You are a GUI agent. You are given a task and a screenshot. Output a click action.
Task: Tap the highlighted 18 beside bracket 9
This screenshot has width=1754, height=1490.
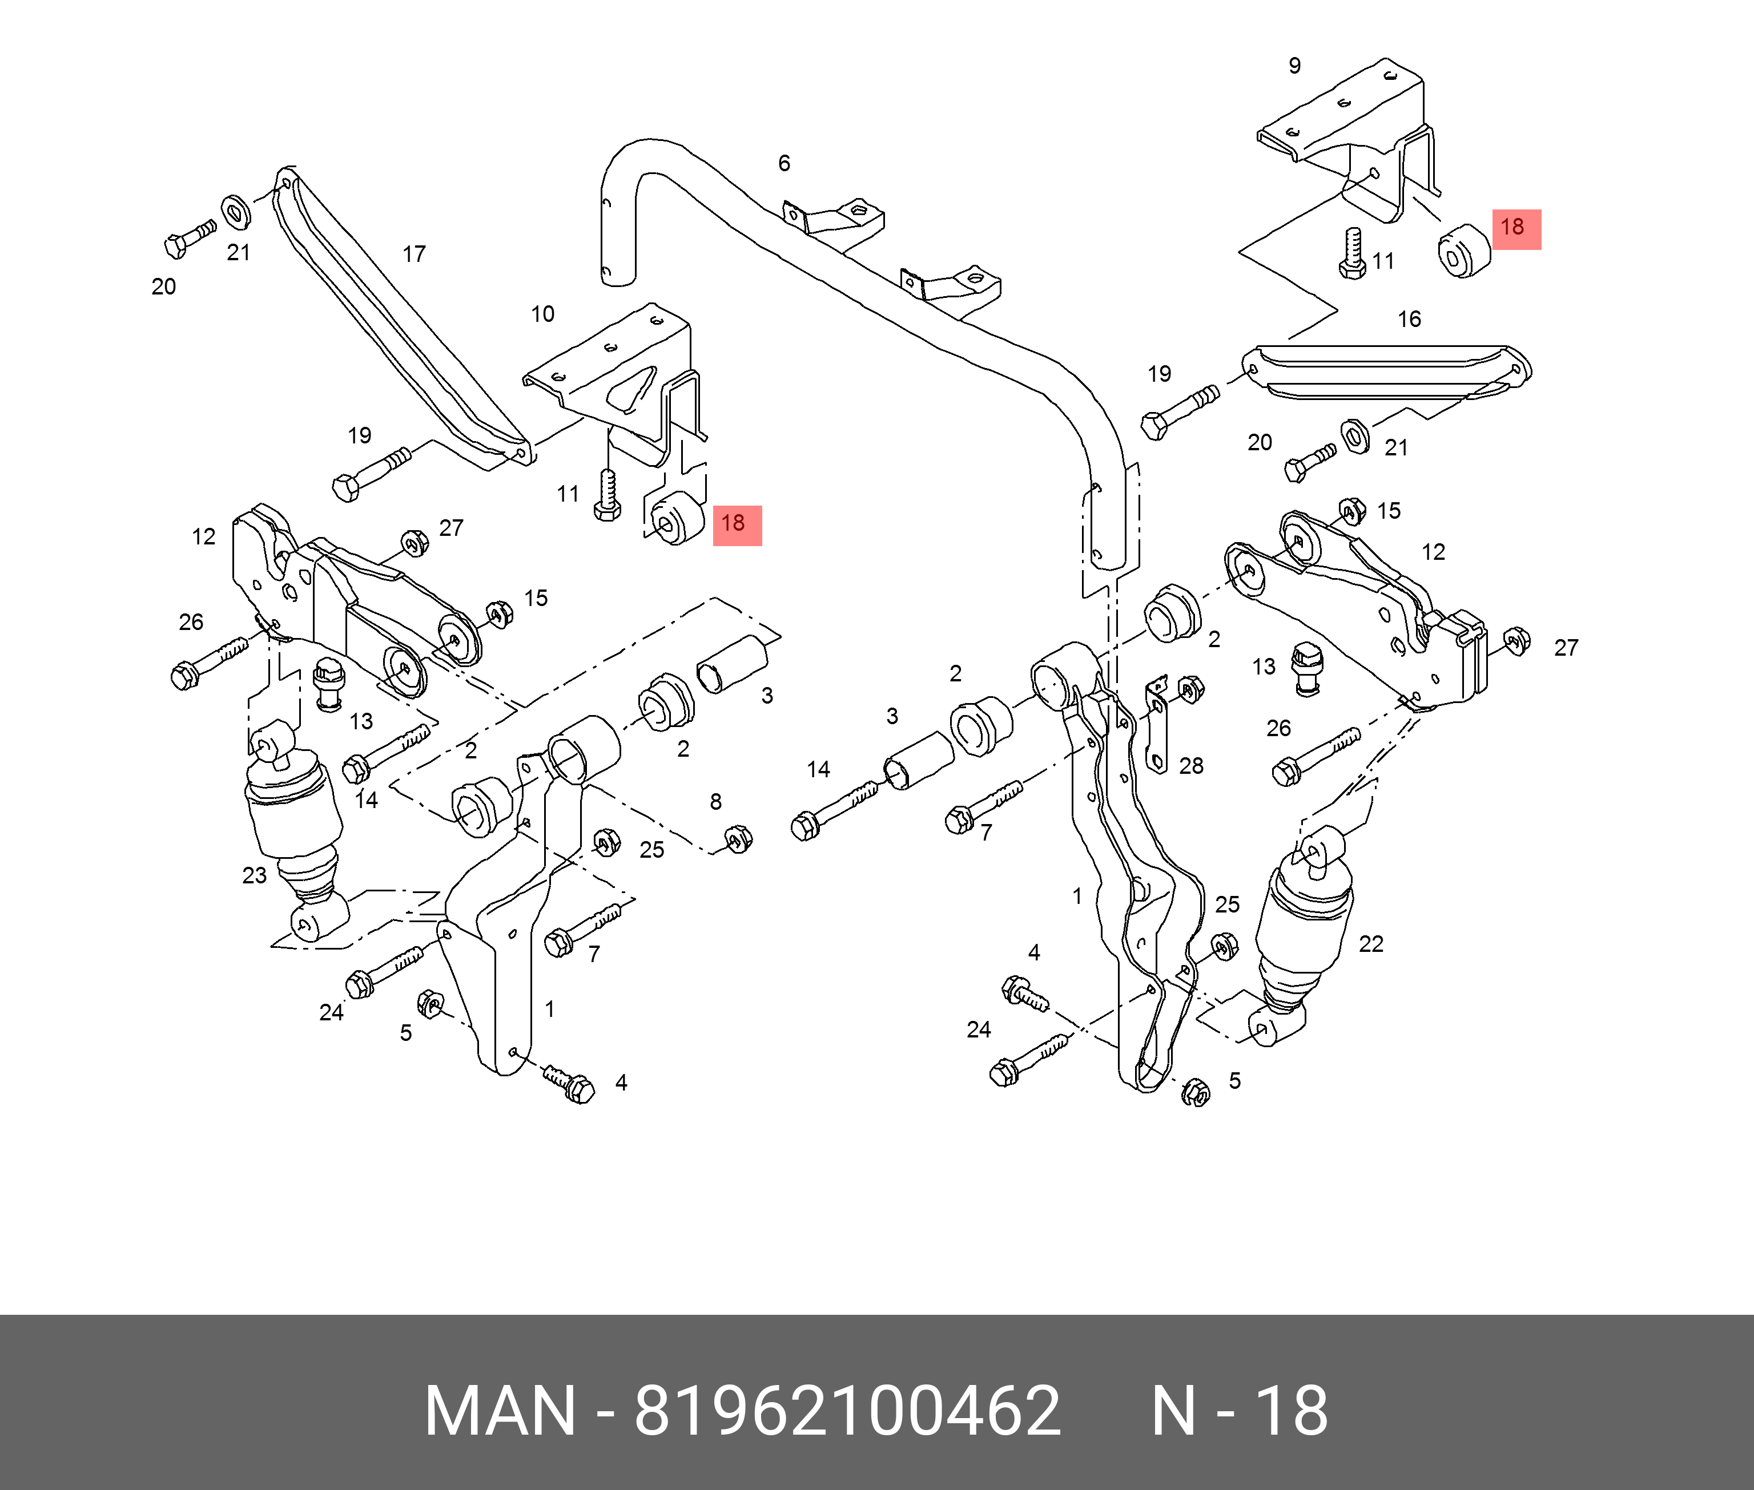(1516, 229)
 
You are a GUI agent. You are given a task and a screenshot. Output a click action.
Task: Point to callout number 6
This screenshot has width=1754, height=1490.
(784, 164)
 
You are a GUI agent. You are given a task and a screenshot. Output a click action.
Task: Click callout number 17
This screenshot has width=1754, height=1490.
(414, 255)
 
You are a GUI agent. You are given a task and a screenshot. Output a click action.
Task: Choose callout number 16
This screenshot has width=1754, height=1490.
(1409, 320)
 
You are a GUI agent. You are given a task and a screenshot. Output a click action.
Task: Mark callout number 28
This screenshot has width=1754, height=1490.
(1191, 766)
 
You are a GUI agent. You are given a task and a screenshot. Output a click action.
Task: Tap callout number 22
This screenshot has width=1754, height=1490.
(1370, 944)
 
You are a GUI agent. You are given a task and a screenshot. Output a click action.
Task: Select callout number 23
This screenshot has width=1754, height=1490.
(254, 876)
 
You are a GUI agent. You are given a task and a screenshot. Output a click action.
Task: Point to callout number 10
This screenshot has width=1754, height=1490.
(542, 314)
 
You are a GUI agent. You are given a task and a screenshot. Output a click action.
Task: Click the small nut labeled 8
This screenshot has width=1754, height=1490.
(739, 839)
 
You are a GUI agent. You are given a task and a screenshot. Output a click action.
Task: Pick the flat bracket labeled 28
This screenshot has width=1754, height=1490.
(1156, 726)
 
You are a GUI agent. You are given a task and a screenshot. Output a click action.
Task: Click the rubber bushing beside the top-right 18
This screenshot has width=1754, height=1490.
(1463, 251)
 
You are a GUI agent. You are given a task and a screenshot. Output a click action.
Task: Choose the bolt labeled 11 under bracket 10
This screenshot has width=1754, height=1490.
(606, 496)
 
